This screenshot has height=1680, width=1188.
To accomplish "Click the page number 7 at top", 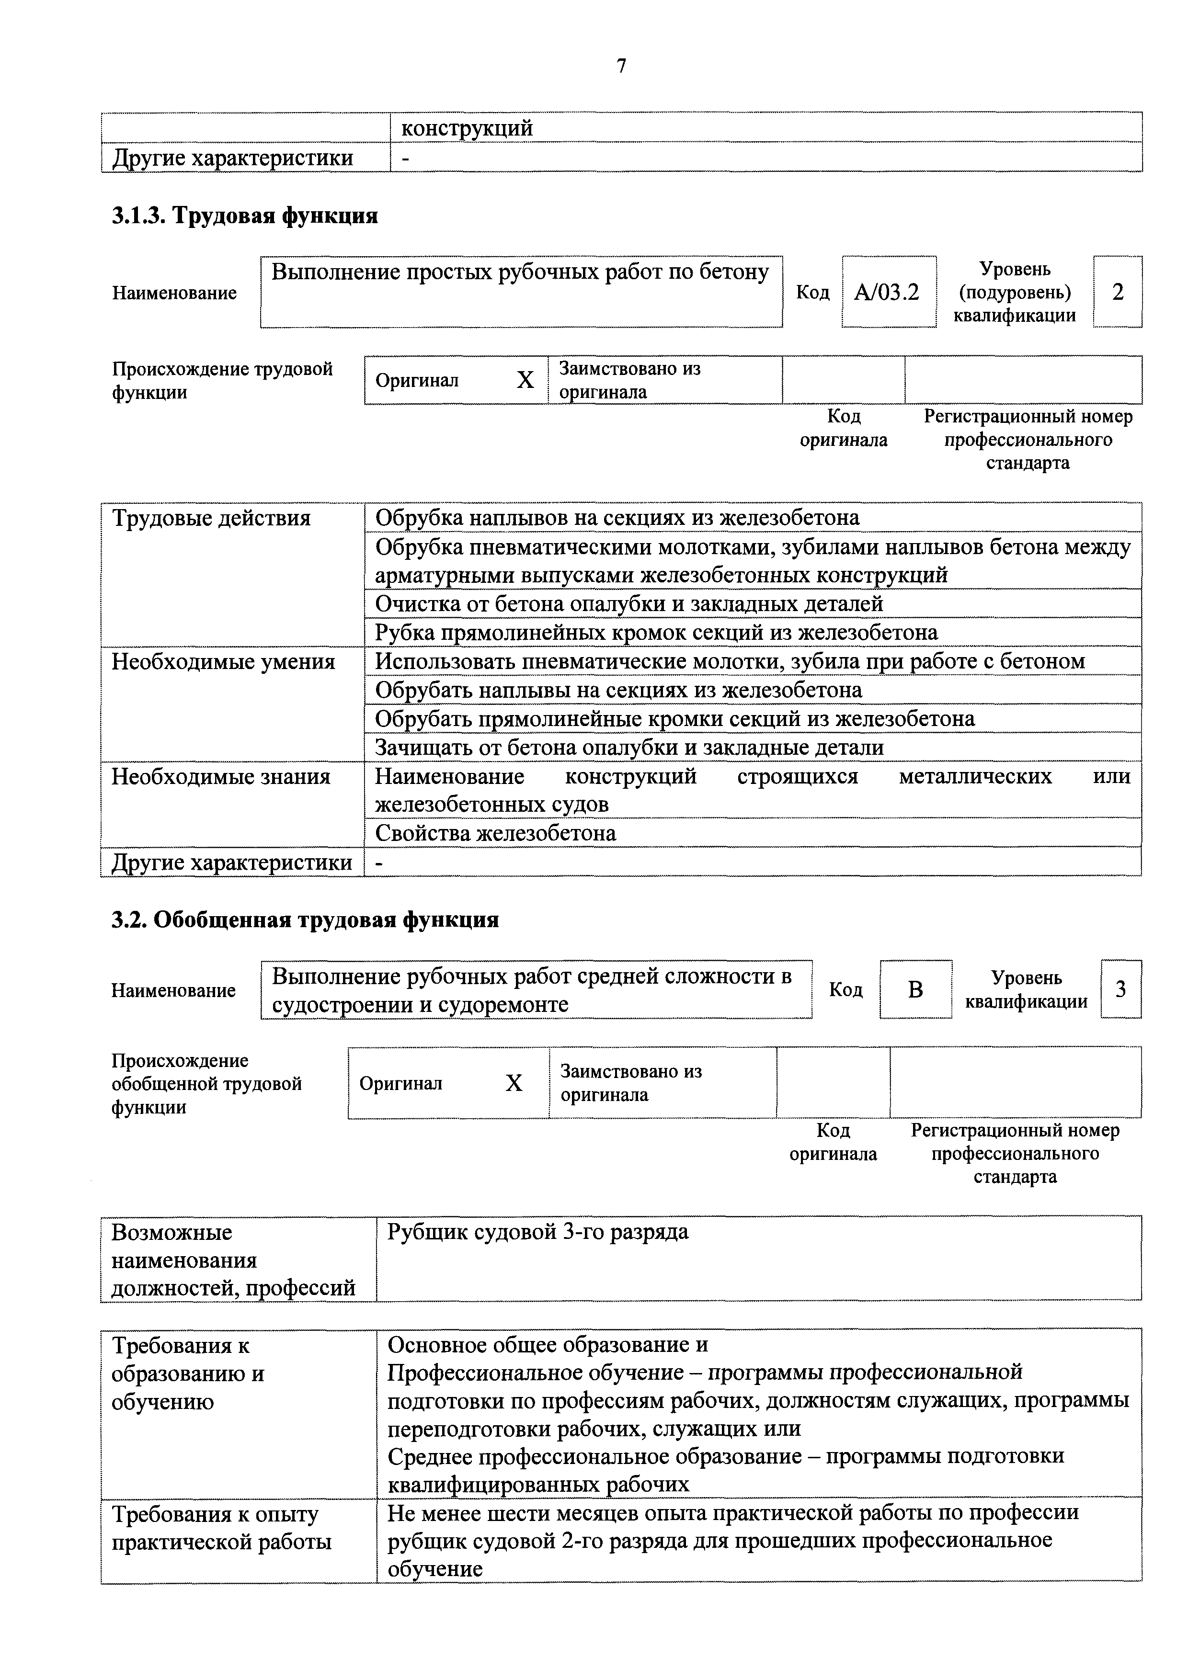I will click(621, 67).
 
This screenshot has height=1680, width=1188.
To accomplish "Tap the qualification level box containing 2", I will click(1117, 293).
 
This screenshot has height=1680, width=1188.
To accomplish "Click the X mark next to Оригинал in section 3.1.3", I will click(525, 380).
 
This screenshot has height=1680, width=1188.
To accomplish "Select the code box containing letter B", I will click(915, 990).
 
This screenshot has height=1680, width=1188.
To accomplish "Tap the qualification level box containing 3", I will click(1120, 990).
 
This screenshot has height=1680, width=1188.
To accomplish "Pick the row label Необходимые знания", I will click(220, 776).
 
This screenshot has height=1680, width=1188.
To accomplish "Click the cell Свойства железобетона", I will click(495, 833).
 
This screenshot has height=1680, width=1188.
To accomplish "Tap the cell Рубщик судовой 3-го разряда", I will click(538, 1232).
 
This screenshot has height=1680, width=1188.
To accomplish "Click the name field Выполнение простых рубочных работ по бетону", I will click(520, 273).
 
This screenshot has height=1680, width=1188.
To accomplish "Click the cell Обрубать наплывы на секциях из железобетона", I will click(618, 691).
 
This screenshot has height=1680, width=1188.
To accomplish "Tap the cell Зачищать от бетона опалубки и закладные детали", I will click(629, 748).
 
